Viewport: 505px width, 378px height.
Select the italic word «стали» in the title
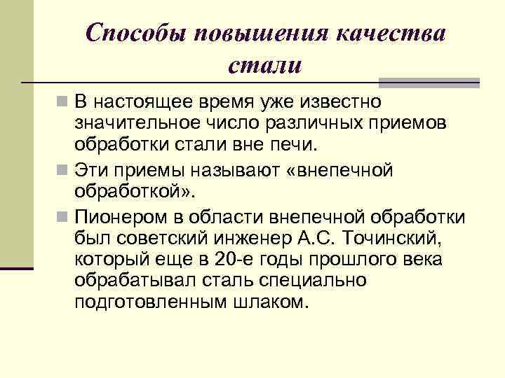(x=266, y=66)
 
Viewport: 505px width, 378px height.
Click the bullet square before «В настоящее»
(x=64, y=103)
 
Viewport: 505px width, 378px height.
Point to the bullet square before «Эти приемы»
(x=64, y=170)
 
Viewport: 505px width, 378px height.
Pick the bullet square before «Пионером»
(x=64, y=216)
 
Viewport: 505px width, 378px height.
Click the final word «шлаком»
(x=269, y=305)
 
